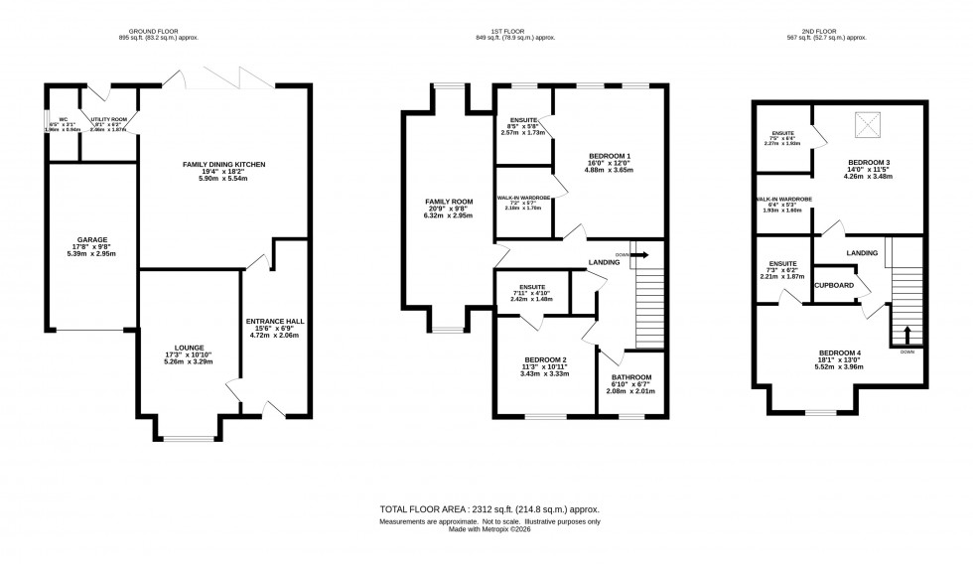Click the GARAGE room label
pos(92,239)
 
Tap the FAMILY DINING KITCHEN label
pos(223,164)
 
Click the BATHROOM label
pos(631,377)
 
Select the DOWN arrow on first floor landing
pos(639,254)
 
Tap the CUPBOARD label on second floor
pos(833,284)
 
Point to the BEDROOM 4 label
pos(840,352)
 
